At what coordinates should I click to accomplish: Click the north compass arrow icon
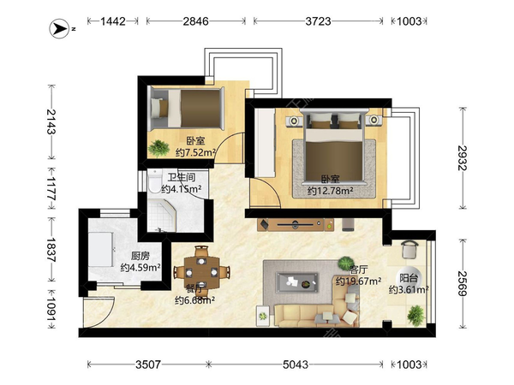point(59,29)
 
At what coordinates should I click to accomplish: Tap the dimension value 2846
point(195,21)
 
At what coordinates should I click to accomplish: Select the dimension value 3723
point(318,21)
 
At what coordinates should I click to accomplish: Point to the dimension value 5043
point(296,364)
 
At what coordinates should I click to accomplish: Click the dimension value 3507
point(148,364)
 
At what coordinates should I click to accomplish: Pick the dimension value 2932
point(463,157)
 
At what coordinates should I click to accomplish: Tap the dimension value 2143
point(51,121)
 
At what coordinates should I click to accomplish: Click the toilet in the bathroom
point(153,182)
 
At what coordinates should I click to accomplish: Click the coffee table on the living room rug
point(297,282)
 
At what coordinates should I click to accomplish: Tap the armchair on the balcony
point(409,250)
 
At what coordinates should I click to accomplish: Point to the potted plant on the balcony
point(416,315)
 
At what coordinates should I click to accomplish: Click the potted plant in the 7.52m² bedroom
point(158,148)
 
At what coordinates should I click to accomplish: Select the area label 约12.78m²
point(331,191)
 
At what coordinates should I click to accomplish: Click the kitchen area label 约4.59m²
point(140,268)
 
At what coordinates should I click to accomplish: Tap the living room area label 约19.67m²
point(358,281)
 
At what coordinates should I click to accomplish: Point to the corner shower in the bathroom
point(162,216)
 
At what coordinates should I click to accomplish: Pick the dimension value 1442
point(113,21)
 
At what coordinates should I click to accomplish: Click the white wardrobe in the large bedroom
point(265,143)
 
